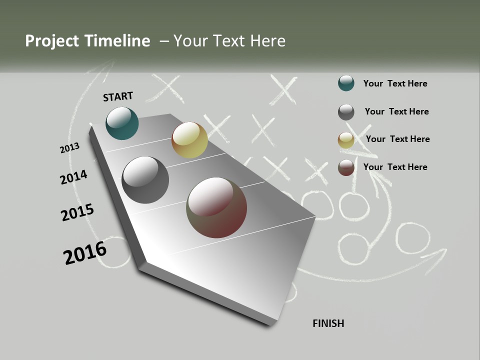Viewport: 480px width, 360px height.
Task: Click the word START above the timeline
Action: pos(118,96)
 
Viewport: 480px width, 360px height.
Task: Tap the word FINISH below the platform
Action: pos(328,323)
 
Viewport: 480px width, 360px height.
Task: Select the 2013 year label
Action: pos(69,148)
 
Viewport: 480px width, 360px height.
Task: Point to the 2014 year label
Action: pos(73,177)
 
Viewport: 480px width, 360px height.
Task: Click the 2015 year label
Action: pos(77,212)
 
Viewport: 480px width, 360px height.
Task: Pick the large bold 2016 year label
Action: pos(85,253)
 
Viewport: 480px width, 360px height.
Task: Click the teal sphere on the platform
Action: pos(122,123)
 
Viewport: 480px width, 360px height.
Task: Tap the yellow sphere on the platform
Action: pos(189,140)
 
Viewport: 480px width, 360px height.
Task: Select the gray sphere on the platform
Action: pos(145,180)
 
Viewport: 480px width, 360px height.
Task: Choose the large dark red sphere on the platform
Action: pos(216,207)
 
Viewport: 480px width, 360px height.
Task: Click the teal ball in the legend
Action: pos(346,83)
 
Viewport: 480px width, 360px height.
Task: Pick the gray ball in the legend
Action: pos(346,112)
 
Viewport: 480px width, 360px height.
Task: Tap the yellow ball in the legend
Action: pos(346,140)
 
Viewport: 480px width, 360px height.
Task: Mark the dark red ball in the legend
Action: pos(346,167)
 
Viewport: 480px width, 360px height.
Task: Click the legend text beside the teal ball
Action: pos(395,83)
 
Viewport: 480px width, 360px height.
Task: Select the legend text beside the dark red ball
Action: pos(395,167)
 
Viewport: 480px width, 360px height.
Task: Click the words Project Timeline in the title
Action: pos(87,41)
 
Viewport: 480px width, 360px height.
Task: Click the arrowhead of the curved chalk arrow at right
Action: pos(437,257)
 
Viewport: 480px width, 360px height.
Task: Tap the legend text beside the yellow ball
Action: pos(397,139)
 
